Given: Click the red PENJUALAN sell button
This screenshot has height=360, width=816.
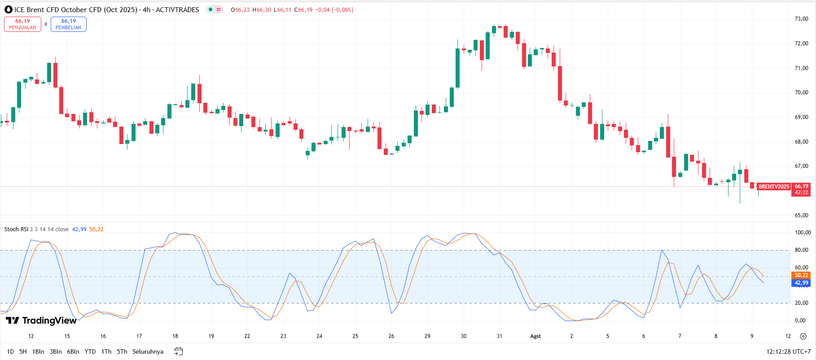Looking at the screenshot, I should click(22, 24).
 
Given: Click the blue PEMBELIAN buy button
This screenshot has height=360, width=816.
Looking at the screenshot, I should click(68, 24).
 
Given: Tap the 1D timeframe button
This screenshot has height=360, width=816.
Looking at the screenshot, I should click(10, 351).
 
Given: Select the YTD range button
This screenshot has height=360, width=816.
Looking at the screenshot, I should click(90, 351).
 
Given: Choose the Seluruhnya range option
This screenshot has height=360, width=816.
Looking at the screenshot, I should click(148, 351).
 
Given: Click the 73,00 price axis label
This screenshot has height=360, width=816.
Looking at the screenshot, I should click(801, 19).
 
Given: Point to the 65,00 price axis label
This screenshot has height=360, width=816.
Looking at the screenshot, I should click(801, 215).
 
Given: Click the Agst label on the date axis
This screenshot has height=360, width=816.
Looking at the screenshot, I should click(535, 336).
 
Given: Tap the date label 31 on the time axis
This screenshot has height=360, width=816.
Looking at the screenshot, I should click(499, 336).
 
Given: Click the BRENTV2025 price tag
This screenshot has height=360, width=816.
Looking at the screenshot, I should click(774, 187).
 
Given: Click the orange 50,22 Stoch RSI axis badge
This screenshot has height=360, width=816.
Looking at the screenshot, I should click(801, 275).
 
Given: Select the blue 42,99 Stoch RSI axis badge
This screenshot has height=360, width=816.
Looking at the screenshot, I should click(801, 283).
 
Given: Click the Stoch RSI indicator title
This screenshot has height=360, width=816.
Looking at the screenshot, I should click(16, 229).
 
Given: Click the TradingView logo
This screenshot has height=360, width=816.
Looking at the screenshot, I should click(41, 320).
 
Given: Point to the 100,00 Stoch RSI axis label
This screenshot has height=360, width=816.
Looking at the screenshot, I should click(803, 233).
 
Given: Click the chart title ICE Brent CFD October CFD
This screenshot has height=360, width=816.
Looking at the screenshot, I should click(75, 10).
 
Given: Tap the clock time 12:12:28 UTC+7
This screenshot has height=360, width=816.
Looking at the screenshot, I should click(788, 351).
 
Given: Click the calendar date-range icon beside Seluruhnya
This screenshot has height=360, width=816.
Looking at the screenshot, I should click(178, 351).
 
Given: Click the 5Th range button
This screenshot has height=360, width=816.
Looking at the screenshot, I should click(122, 351).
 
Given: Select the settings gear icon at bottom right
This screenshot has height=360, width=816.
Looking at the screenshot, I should click(803, 336).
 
